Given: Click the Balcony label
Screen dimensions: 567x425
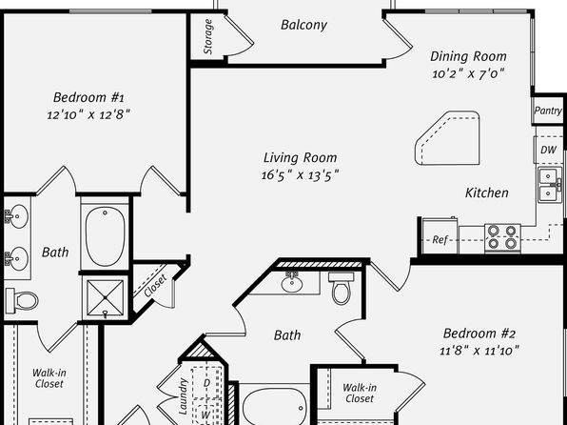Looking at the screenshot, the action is point(303,25).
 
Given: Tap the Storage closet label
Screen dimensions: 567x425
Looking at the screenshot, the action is point(207,36).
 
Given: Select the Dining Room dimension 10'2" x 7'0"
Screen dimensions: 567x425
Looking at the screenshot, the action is point(468,73).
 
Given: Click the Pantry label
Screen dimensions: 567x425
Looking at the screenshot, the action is point(548,111).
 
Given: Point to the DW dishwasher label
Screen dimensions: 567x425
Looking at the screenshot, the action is point(548,150).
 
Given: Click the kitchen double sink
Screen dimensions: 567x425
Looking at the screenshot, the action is point(550,185).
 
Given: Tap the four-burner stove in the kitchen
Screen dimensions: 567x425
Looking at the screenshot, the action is point(502,237).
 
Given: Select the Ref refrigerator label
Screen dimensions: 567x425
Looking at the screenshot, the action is point(440,239).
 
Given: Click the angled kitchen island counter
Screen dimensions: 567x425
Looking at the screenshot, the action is point(447,138).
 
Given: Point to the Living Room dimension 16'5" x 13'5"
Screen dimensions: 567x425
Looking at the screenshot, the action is point(300,175).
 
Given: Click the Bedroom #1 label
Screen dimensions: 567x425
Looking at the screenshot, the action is point(88,97).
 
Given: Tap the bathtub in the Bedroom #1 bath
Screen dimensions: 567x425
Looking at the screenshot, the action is point(106,236).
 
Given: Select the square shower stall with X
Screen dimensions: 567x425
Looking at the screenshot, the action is point(106,298).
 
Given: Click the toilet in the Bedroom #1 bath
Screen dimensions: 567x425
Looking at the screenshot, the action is point(22,301).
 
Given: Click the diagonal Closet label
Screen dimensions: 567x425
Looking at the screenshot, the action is point(155,286).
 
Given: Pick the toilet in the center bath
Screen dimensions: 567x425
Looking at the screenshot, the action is point(342,288).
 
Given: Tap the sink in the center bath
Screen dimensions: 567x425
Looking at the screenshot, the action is point(292,282).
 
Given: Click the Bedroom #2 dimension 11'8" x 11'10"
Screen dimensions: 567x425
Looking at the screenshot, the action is point(479,351).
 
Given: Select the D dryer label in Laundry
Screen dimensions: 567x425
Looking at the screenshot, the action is point(206,383).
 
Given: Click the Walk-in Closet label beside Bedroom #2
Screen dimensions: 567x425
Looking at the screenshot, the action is point(360,394).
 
